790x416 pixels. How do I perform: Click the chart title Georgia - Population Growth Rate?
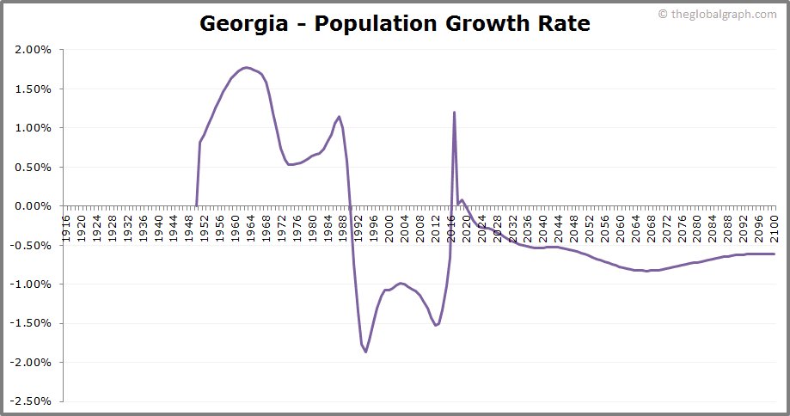pos(395,23)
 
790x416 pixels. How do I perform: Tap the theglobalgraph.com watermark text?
pos(723,14)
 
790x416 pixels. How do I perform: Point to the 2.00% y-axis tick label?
pos(34,50)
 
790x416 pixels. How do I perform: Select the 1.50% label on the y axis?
pos(34,89)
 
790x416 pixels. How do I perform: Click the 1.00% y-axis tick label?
pos(34,128)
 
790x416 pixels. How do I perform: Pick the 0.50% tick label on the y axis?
pos(34,167)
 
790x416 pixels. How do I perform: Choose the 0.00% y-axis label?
pos(34,206)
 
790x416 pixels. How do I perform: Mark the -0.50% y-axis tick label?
pos(32,245)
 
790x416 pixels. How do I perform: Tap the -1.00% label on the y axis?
pos(32,284)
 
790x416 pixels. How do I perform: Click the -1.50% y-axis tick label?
pos(32,323)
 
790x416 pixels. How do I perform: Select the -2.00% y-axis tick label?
pos(32,362)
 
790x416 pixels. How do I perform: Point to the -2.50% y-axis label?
pos(32,401)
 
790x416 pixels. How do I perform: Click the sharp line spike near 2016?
pos(454,113)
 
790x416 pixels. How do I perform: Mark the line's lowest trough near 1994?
pos(365,352)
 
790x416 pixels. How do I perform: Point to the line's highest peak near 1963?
pos(247,67)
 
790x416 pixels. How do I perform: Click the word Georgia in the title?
pos(244,23)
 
